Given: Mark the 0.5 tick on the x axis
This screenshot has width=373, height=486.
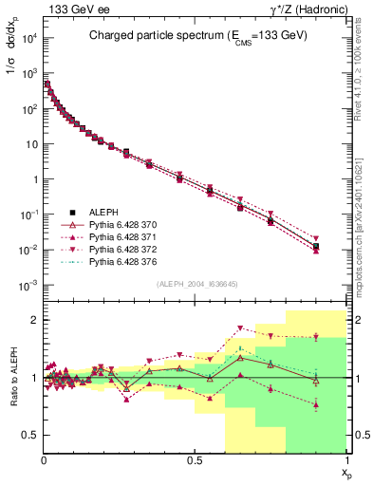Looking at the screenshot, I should [x=196, y=460].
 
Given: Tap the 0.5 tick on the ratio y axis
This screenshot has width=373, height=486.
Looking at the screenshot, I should [x=31, y=435].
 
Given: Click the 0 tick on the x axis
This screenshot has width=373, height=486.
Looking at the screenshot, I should [x=44, y=460].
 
